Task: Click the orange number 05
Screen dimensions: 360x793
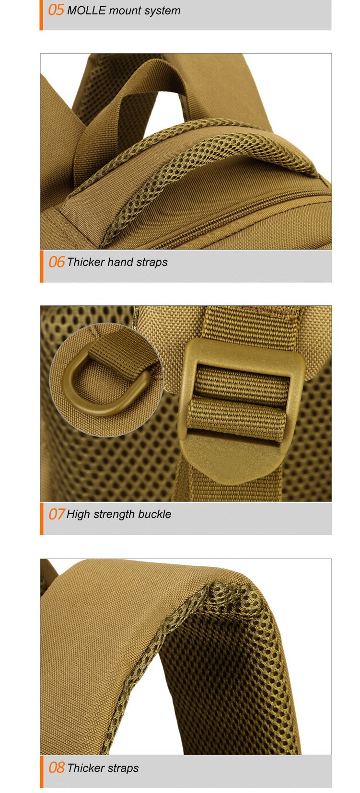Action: pos(56,10)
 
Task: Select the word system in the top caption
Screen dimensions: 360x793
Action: pos(164,11)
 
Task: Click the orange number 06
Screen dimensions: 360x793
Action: pos(57,262)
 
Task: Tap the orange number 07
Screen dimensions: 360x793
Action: pos(57,514)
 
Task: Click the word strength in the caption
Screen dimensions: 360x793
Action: pos(114,515)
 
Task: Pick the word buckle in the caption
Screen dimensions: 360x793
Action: pos(155,514)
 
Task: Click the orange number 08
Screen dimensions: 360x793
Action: pos(57,768)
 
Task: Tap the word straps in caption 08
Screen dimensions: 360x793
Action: pos(123,769)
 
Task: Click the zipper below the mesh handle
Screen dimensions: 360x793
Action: pos(241,216)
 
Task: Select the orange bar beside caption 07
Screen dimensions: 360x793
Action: pos(41,518)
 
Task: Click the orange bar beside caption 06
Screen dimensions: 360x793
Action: pos(41,266)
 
